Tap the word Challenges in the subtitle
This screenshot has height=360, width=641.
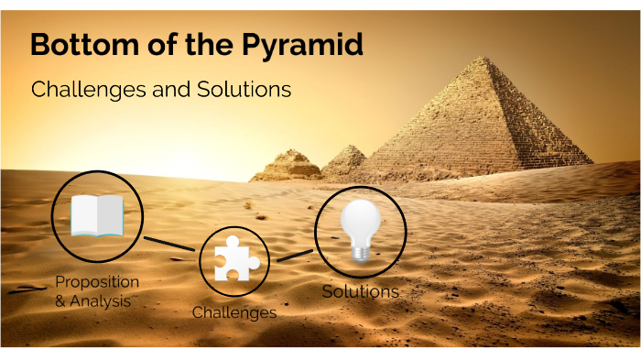point(81,90)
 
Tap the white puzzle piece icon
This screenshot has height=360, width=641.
point(234,260)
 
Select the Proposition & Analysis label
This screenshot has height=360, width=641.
point(97,290)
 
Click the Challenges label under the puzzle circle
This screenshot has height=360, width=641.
point(234,312)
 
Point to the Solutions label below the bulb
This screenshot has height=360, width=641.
point(360,291)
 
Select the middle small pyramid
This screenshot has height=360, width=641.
point(346,158)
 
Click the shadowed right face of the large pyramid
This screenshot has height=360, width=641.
point(540,128)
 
